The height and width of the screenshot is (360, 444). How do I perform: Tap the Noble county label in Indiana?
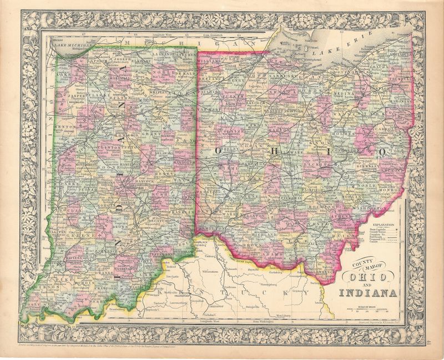[x=166, y=74]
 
